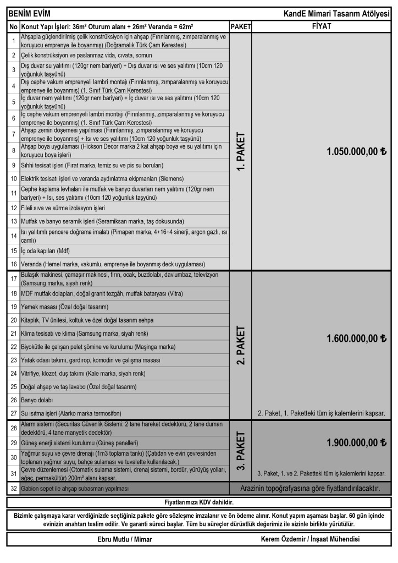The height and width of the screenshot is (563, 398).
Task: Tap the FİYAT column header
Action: coord(321,26)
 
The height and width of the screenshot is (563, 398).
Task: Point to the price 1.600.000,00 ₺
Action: coord(357,338)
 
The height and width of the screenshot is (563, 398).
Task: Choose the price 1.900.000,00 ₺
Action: coord(357,442)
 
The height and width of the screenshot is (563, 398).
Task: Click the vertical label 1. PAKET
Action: coord(241,151)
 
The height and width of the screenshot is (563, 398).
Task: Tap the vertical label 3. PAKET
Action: coord(241,450)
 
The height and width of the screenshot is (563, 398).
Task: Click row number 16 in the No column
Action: coord(13,264)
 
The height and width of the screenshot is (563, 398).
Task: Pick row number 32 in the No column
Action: coord(13,489)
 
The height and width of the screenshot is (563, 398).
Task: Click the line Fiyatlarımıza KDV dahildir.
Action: coord(199,502)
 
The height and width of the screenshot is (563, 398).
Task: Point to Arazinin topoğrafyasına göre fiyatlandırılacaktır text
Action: coord(310,489)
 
